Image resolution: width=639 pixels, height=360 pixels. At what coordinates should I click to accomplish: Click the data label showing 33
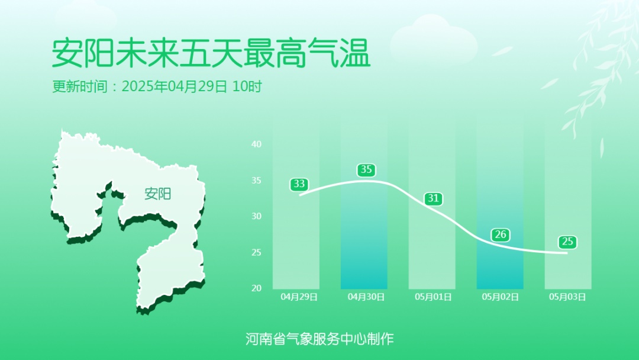click(x=298, y=184)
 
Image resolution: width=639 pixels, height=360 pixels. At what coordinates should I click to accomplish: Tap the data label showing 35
click(x=366, y=170)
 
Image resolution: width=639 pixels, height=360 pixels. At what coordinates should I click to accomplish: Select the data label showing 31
click(x=434, y=198)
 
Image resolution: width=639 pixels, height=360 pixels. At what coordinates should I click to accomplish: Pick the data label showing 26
click(x=501, y=234)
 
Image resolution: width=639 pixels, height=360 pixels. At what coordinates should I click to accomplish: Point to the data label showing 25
click(x=567, y=242)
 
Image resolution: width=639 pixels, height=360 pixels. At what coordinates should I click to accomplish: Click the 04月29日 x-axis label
click(x=299, y=297)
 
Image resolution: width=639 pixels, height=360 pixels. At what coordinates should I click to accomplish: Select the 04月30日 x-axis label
click(x=366, y=297)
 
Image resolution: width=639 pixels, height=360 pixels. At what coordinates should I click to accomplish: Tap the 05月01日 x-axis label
click(x=434, y=297)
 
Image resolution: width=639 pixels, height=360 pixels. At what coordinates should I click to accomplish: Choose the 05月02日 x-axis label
click(x=501, y=297)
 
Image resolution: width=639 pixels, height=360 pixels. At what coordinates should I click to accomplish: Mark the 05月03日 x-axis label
click(x=567, y=297)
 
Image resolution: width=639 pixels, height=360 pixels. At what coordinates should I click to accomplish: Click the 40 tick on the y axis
click(x=256, y=144)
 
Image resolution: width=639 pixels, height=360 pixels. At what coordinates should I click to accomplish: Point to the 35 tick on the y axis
click(x=256, y=181)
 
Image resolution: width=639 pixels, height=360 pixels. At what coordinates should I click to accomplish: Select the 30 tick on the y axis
click(x=256, y=216)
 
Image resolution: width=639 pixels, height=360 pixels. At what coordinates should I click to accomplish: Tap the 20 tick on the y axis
click(x=256, y=288)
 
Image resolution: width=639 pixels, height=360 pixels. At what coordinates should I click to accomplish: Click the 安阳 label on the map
click(x=157, y=194)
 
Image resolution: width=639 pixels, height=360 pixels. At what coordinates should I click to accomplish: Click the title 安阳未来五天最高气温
click(x=211, y=54)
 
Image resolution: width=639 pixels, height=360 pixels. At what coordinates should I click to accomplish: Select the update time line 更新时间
click(x=157, y=86)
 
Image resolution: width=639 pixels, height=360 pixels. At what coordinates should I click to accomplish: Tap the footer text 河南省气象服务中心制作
click(x=319, y=339)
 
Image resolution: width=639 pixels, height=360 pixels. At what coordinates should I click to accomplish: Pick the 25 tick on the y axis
click(x=256, y=253)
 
